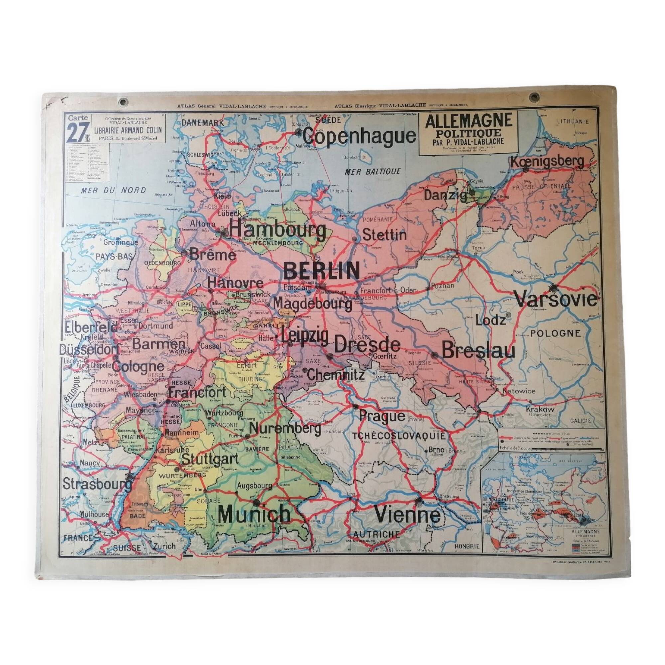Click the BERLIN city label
pos(322,271)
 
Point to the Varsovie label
pos(556,299)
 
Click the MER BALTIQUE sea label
pos(373,171)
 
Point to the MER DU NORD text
pos(113,190)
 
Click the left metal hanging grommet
pos(123,102)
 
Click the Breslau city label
pos(478,351)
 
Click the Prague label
pos(382,416)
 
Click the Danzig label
pos(446,195)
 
